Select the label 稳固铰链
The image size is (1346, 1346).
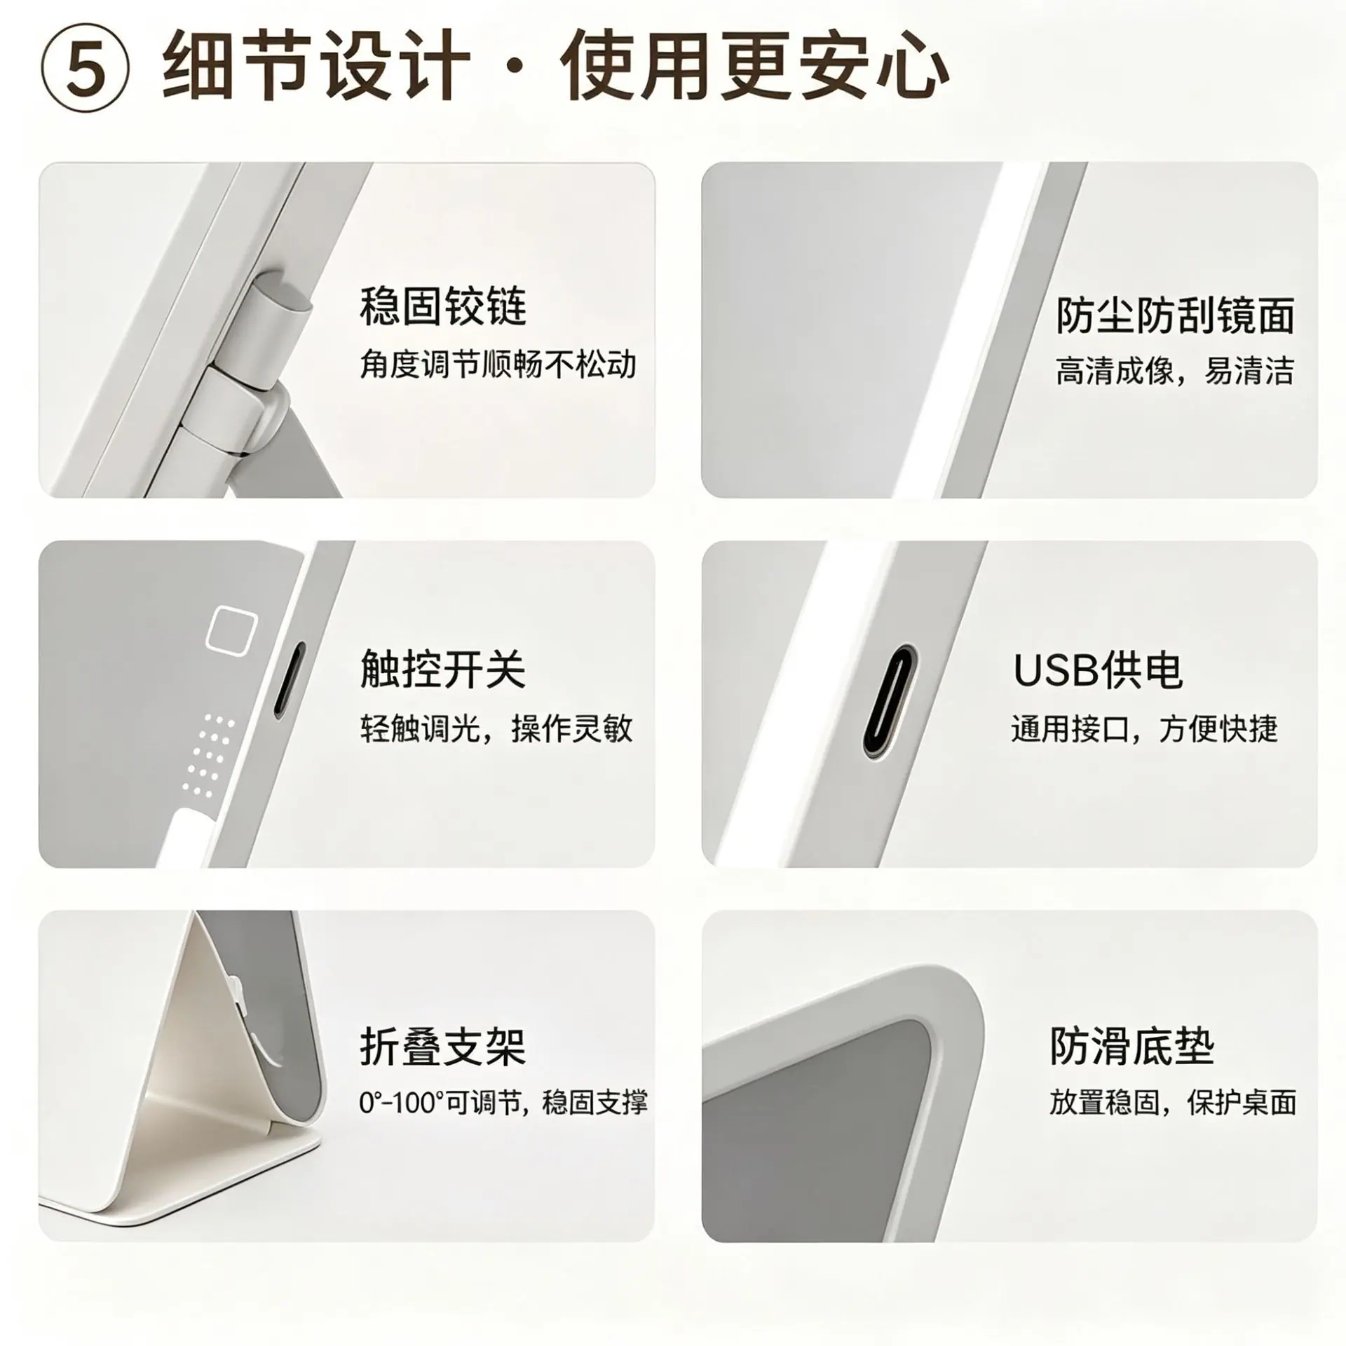pos(442,306)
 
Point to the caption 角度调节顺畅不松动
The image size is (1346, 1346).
pos(498,365)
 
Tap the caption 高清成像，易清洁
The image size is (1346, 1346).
pos(1174,371)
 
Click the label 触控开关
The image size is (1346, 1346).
pos(442,669)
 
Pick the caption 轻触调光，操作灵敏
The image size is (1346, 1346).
pos(496,728)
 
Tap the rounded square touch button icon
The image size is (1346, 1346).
pos(231,628)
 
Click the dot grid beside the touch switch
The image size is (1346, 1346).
pos(208,756)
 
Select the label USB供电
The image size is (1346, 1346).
pos(1098,670)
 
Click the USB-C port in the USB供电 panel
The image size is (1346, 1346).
pos(890,702)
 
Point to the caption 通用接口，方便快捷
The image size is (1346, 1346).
pos(1144,729)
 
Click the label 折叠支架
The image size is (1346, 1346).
pos(442,1047)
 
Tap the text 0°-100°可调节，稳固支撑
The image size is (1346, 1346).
pos(503,1103)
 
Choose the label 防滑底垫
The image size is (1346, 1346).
pos(1131,1047)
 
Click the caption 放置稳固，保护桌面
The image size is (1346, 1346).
pos(1173,1103)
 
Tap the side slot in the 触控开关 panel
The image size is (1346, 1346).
pos(288,680)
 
